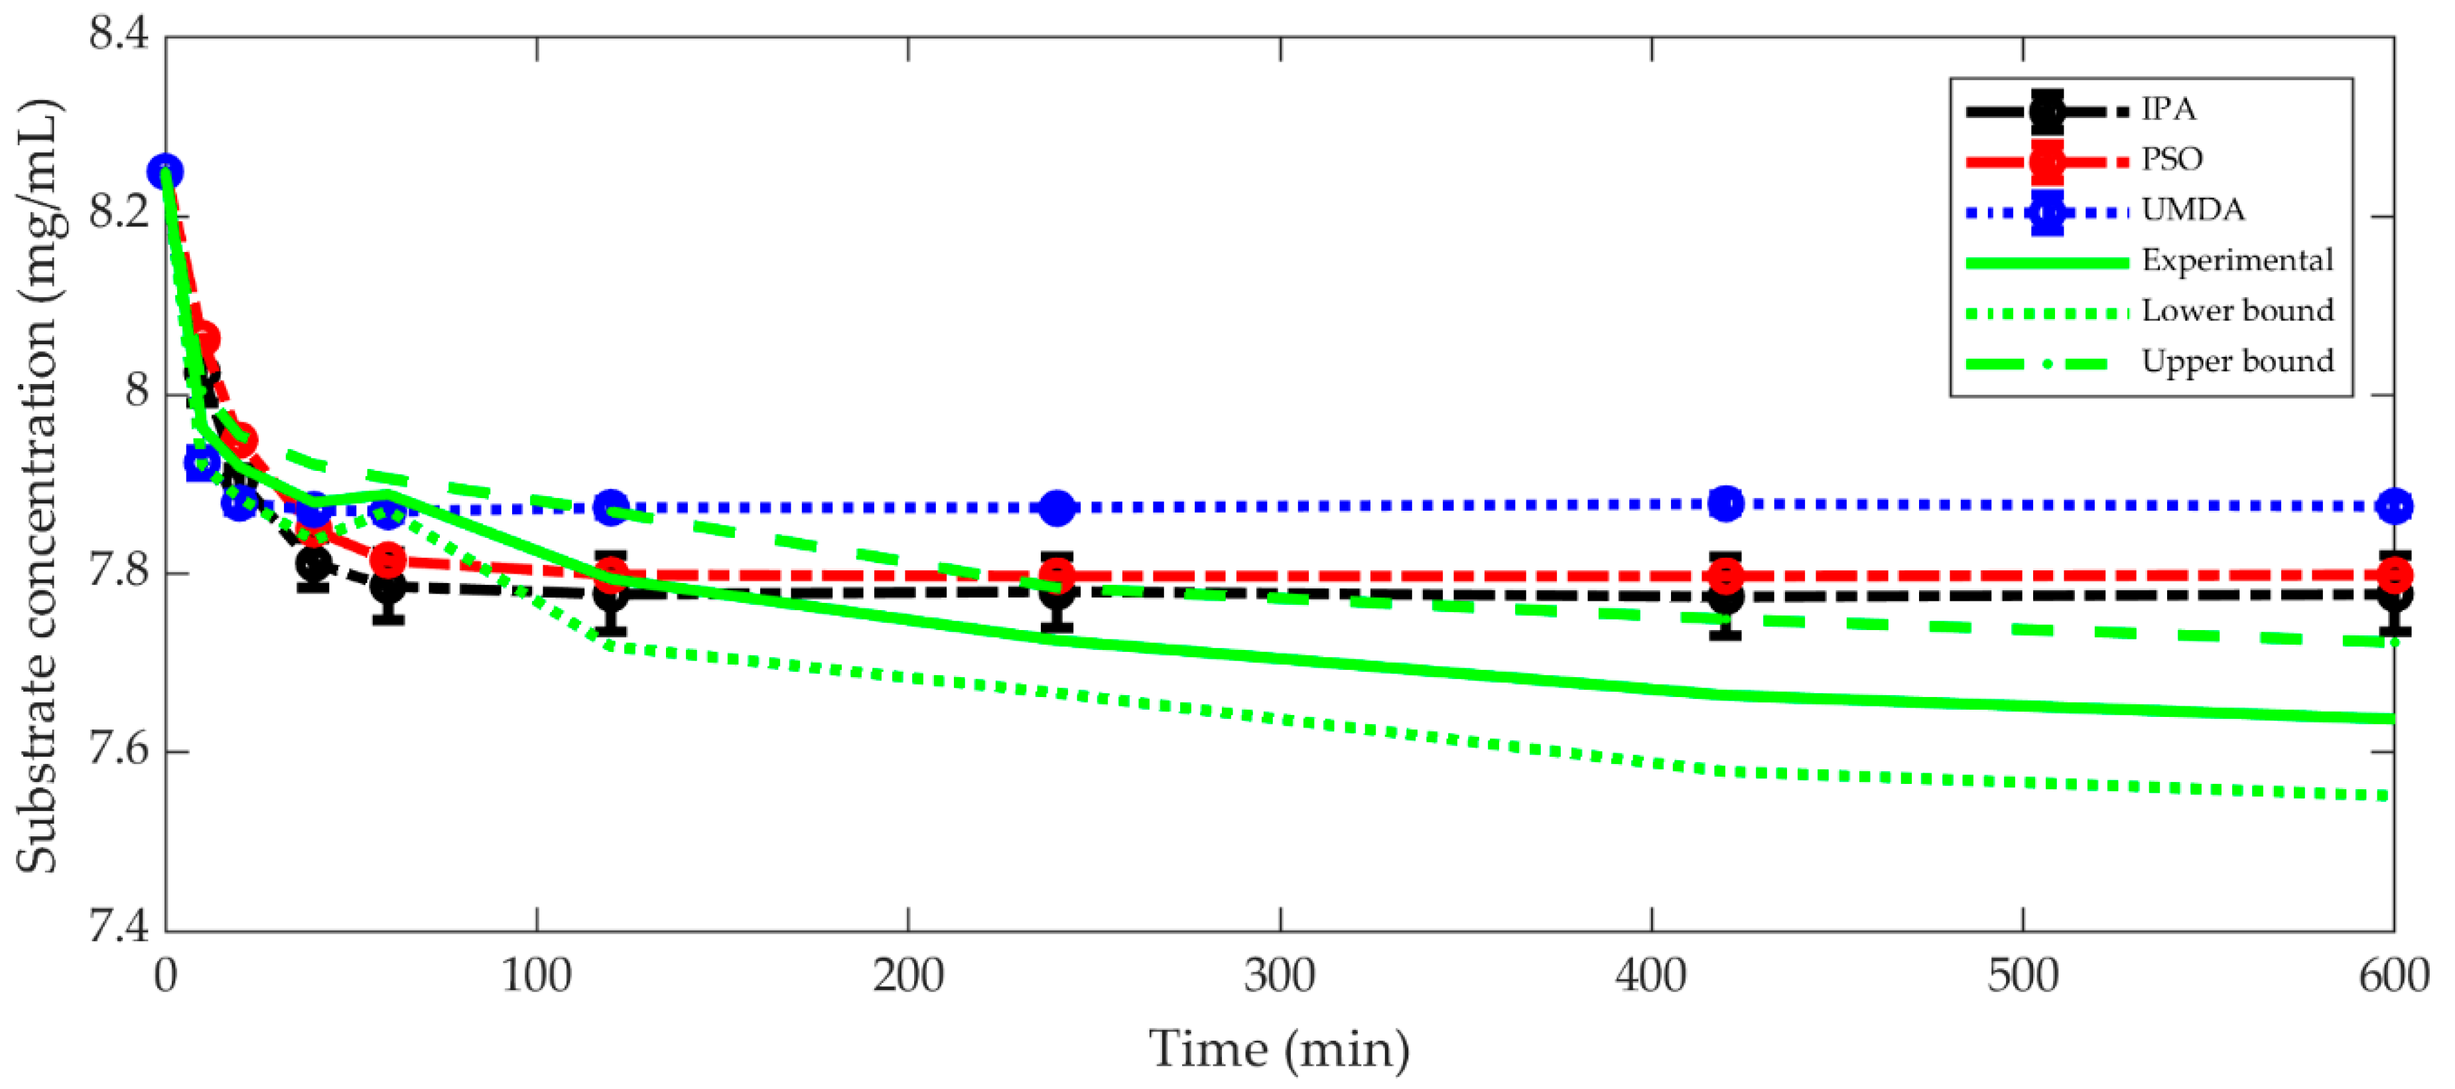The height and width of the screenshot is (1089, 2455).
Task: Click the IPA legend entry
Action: click(2168, 109)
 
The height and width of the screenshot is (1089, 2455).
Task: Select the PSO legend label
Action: click(2172, 159)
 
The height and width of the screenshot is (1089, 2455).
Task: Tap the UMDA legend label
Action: click(2192, 210)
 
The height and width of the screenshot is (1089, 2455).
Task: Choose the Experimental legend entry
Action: click(2237, 260)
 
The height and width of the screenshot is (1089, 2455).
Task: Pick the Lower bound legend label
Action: click(2237, 310)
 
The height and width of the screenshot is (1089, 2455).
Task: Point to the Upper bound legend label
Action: click(2237, 361)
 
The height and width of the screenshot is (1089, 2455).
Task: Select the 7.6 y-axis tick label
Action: click(119, 751)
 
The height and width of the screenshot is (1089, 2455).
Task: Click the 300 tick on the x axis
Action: click(1279, 976)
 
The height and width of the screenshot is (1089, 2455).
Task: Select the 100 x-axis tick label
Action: click(537, 976)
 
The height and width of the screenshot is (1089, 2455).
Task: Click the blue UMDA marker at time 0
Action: click(166, 172)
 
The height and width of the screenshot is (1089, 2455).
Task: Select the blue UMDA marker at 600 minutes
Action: click(2394, 506)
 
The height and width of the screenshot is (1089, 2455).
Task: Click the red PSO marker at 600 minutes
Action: click(2394, 574)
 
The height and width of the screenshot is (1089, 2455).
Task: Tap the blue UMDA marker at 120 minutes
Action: click(611, 507)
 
